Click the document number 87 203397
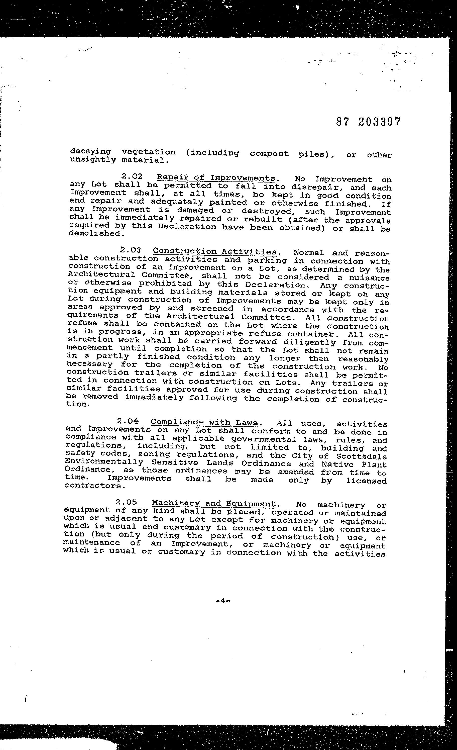(369, 122)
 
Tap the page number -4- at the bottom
(222, 601)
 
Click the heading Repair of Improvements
(216, 178)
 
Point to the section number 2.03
(131, 250)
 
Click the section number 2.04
(128, 421)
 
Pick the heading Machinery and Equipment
(213, 504)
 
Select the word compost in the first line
(269, 154)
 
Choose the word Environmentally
(104, 462)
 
